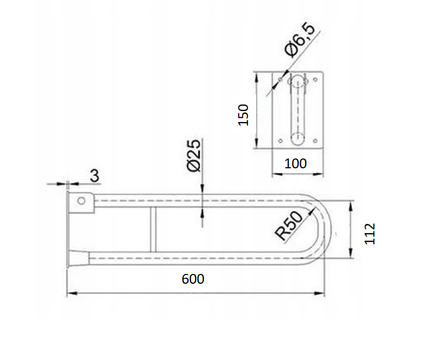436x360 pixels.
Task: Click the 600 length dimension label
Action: [x=193, y=279]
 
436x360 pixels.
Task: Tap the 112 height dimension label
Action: [x=370, y=234]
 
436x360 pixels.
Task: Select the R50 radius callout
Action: [x=288, y=225]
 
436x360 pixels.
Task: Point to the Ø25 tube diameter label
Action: [x=193, y=156]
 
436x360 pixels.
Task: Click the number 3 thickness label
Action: [x=94, y=176]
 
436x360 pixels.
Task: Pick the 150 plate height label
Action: [x=243, y=115]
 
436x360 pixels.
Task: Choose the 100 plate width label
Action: [x=295, y=163]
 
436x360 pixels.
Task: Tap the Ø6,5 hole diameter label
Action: [x=300, y=40]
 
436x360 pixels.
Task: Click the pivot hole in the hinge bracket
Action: [x=81, y=200]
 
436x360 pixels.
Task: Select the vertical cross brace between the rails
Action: [x=153, y=229]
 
